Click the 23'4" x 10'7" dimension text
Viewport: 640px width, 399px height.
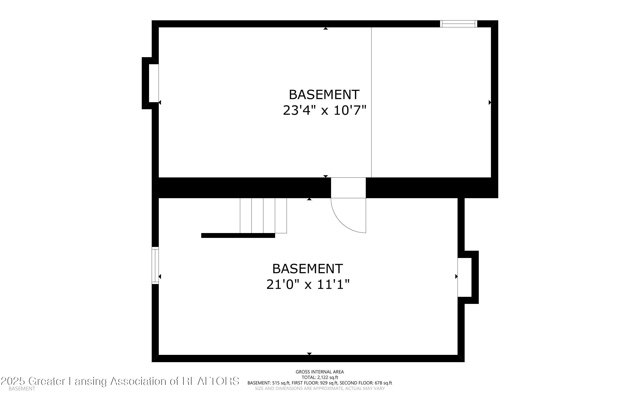tap(325, 110)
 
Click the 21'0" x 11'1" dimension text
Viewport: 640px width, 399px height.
tap(308, 284)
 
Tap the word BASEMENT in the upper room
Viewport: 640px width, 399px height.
tap(324, 94)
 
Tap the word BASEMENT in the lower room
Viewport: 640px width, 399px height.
tap(308, 269)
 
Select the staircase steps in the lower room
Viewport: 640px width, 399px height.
tap(263, 215)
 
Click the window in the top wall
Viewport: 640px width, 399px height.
tap(458, 24)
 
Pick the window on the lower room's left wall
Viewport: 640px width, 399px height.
tap(155, 265)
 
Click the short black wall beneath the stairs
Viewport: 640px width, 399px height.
tap(238, 235)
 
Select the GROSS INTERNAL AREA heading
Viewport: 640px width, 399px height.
tap(320, 372)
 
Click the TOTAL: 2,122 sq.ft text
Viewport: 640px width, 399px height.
tap(320, 377)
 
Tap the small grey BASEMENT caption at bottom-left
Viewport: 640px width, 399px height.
tap(22, 389)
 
